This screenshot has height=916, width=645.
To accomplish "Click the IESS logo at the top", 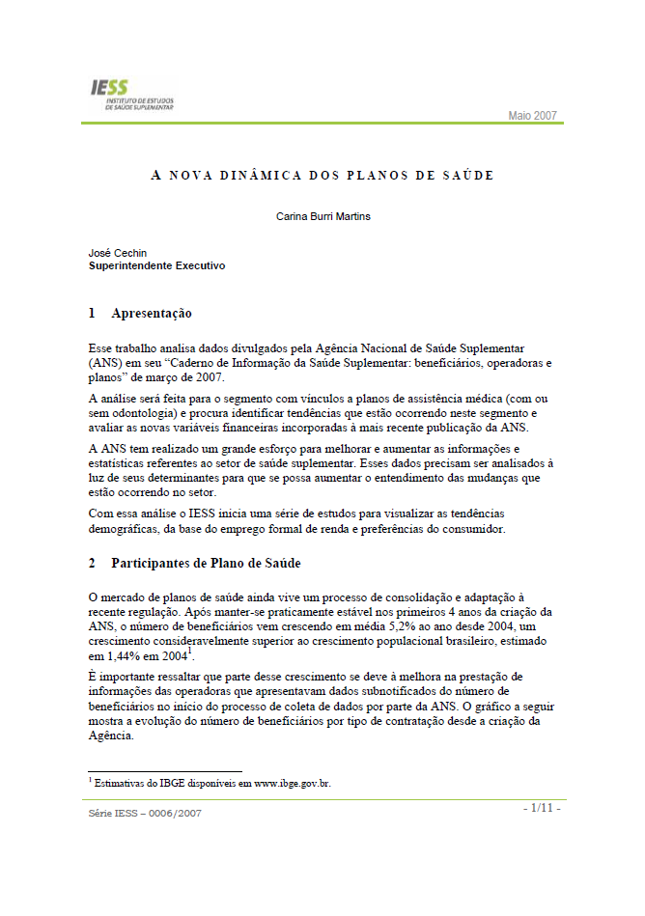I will [x=133, y=95].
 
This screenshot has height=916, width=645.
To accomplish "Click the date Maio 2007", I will [x=532, y=116].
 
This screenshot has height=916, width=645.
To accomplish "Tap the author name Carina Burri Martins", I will [x=322, y=216].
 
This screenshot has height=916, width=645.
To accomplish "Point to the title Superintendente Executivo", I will [x=156, y=265].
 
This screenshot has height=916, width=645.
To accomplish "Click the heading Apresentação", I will [x=152, y=314].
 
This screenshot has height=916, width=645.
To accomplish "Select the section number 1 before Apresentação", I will [x=92, y=314].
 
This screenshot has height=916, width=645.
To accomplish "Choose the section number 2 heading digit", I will [x=92, y=563].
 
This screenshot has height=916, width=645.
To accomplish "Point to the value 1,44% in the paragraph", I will [x=126, y=656].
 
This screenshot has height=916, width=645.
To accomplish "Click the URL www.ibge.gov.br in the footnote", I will [x=292, y=784].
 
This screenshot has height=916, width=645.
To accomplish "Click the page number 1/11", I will [x=542, y=807].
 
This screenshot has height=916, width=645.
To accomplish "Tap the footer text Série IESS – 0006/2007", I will [x=145, y=813].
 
